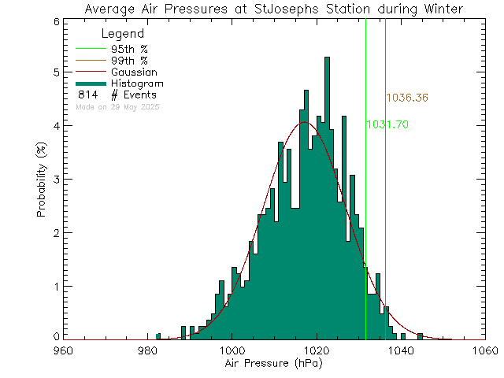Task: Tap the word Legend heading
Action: coord(123,34)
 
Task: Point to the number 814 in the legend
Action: coord(87,94)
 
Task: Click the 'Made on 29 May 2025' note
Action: coord(117,106)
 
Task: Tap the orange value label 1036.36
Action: coord(406,98)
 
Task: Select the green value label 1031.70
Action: coord(387,124)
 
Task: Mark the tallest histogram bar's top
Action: coord(327,57)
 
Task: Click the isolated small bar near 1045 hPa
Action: coord(420,336)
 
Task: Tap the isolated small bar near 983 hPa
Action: coord(158,336)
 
